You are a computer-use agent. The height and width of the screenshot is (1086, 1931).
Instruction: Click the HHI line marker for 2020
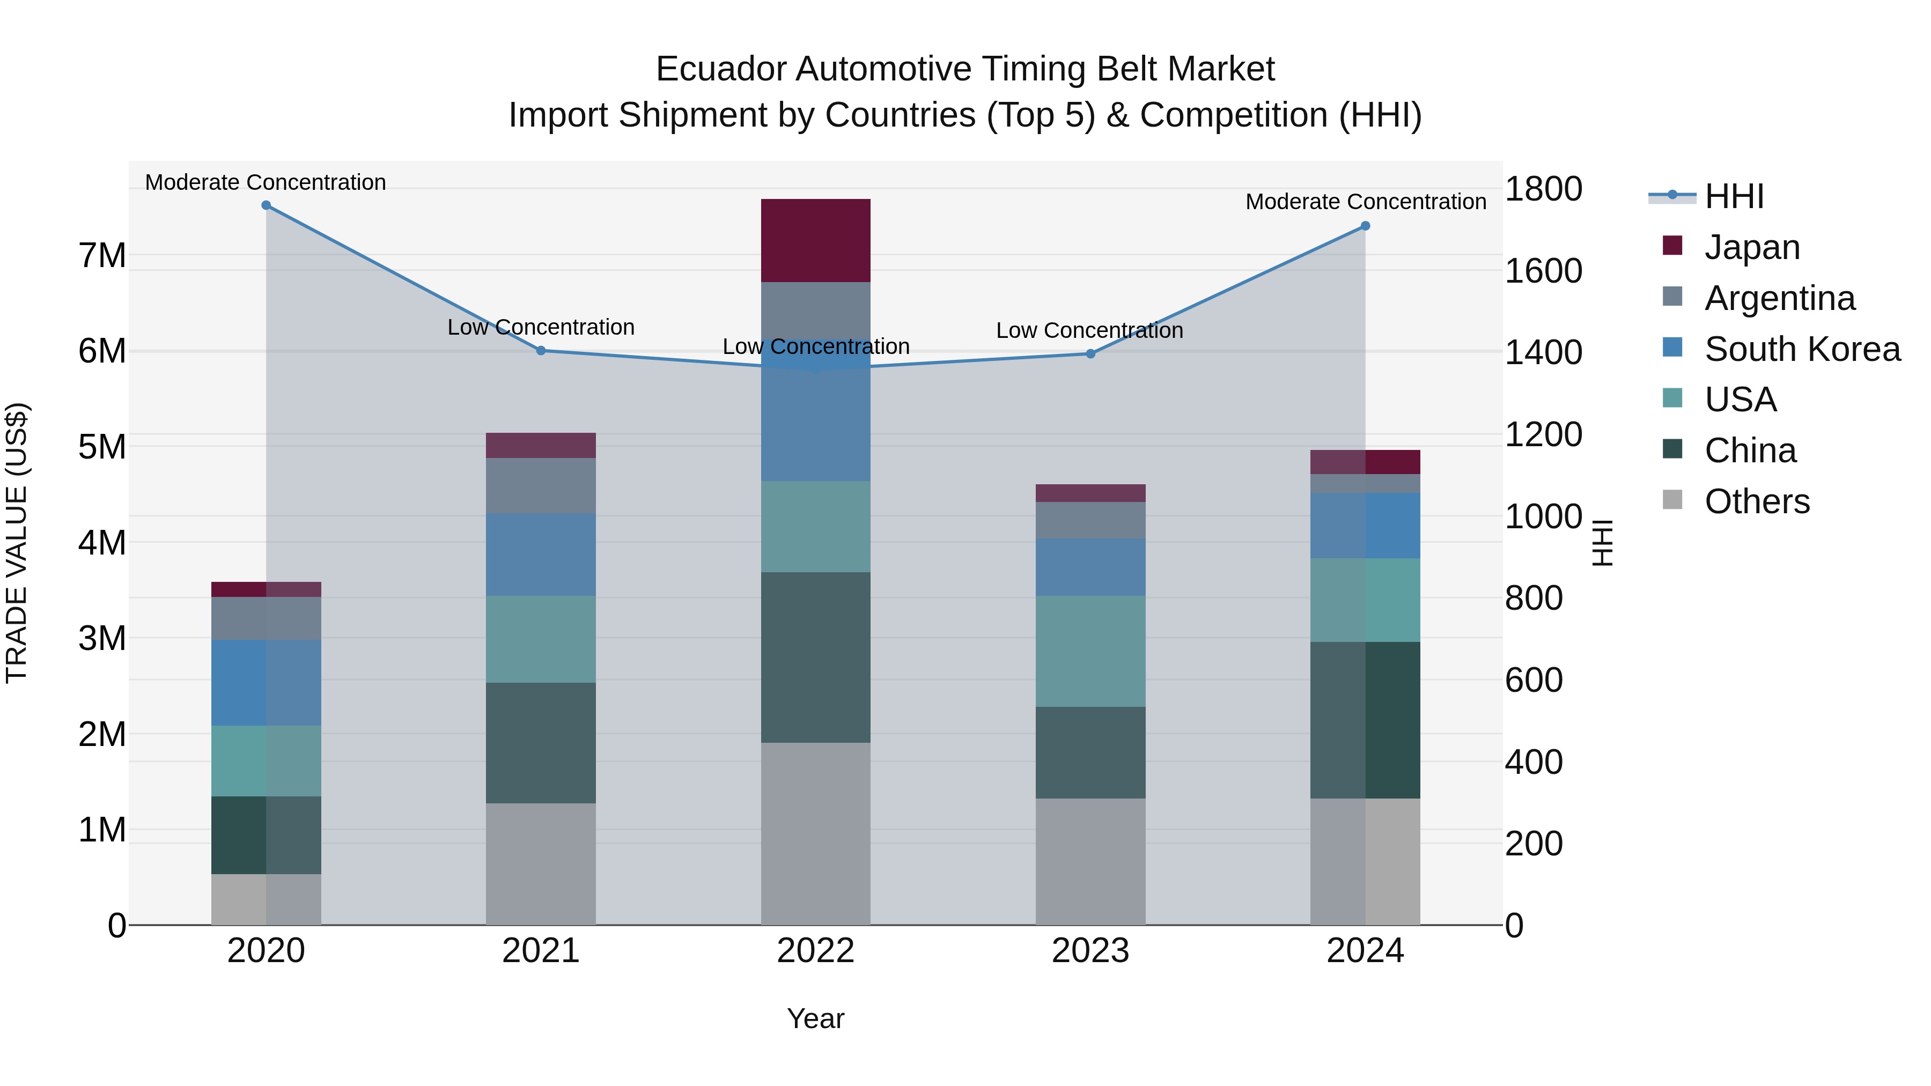266,205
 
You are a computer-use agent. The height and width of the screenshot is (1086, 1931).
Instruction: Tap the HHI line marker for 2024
1365,226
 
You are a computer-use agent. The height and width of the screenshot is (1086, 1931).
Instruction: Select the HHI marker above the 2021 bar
541,350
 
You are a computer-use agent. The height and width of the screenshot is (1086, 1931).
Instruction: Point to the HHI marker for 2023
1090,354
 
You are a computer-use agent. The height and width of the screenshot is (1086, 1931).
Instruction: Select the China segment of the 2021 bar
541,743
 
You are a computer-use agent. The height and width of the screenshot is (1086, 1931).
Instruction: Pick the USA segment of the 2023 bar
1090,651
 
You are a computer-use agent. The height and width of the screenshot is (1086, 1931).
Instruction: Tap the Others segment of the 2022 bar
815,833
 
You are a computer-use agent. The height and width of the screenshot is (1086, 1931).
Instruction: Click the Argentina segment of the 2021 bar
541,486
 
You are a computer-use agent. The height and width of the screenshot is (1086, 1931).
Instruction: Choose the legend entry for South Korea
1802,349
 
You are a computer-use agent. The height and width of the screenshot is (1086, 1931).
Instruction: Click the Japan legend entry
1752,247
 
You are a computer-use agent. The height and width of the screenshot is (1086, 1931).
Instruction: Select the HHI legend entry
1734,196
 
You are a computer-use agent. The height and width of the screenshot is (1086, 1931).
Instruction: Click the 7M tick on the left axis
102,256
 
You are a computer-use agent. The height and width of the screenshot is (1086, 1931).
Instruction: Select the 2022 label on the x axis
815,951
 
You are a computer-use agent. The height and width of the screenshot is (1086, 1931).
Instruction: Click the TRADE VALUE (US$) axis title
17,543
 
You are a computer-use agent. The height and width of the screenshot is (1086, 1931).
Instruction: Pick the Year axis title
815,1018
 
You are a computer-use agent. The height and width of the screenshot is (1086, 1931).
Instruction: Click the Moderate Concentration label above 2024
1366,202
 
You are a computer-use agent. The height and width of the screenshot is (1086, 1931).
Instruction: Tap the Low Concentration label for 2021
541,328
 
